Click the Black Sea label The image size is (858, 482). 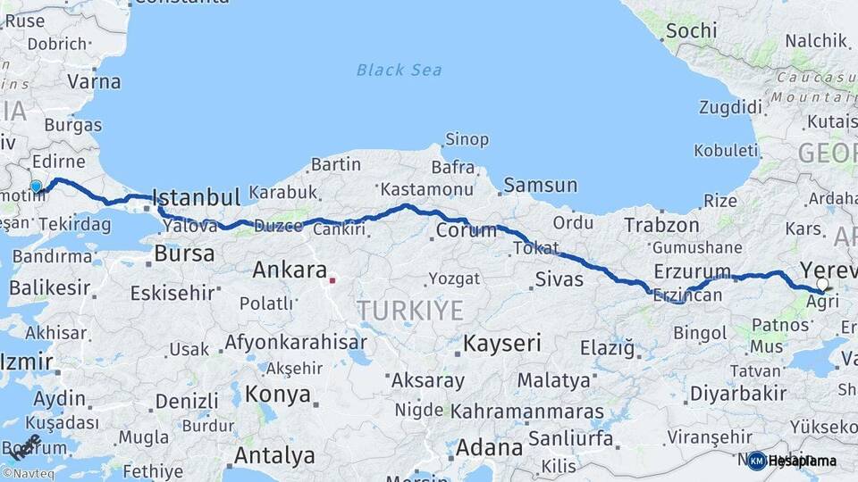(399, 70)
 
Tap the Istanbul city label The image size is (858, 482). (197, 197)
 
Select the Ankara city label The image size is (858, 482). (290, 269)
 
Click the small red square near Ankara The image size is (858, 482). (332, 280)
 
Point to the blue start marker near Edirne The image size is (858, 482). (36, 187)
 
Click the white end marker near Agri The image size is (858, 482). (822, 285)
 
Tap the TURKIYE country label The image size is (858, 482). (410, 311)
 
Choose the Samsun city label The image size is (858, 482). (540, 186)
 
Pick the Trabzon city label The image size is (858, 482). (661, 225)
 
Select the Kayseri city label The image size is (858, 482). (502, 343)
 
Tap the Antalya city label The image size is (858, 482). (273, 455)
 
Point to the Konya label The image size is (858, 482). (278, 394)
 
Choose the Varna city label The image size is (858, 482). (93, 81)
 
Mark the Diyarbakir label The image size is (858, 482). (738, 393)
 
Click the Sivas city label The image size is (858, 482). (559, 279)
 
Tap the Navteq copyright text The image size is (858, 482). (28, 474)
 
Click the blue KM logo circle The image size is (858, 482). (757, 461)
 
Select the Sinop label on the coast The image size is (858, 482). (467, 139)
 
